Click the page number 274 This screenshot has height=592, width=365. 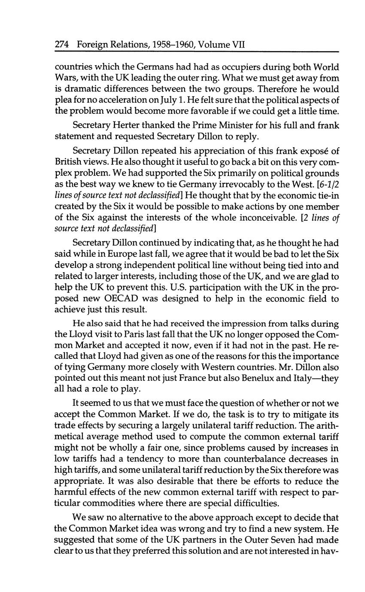pyautogui.click(x=63, y=45)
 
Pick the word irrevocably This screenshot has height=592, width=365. pyautogui.click(x=245, y=184)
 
